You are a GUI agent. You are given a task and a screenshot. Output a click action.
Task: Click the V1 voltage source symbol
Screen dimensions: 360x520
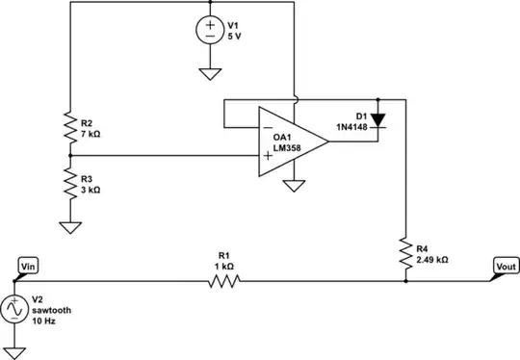tap(208, 31)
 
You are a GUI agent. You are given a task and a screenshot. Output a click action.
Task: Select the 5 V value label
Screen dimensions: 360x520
tap(236, 37)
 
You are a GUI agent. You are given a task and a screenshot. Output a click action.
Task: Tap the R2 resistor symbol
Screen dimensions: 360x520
tap(69, 126)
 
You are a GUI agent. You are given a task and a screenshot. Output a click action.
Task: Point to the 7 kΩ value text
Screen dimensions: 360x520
tap(91, 135)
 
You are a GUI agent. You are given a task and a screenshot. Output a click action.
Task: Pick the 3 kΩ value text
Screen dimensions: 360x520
tap(91, 191)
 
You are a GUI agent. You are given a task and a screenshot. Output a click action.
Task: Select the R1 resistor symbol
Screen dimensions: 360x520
tap(223, 281)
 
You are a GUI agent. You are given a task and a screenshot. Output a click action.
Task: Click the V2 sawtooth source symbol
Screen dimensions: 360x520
tap(15, 309)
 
